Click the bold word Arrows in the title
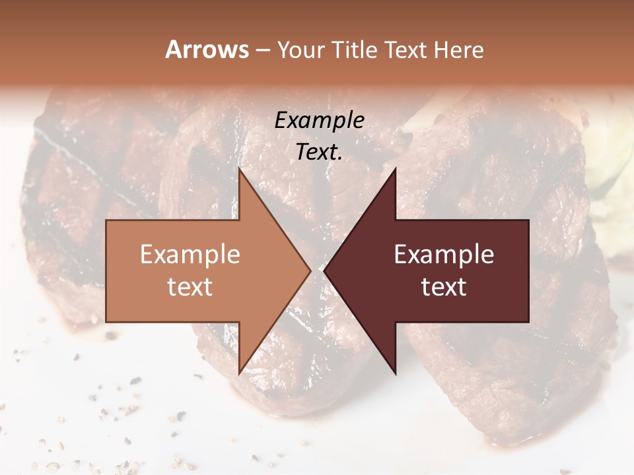pos(207,49)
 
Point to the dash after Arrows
pos(262,51)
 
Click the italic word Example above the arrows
pos(319,120)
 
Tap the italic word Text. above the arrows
pos(319,152)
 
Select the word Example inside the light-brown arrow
pos(190,255)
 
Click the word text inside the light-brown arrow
pos(190,286)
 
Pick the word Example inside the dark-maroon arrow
pos(444,255)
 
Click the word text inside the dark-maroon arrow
pos(444,286)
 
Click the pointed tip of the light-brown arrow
pos(310,270)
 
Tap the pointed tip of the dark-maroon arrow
pos(324,270)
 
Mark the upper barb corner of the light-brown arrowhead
pos(240,170)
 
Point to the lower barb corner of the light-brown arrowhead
pos(240,373)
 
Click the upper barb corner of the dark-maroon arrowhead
pos(395,170)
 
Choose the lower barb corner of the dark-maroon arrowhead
pos(395,373)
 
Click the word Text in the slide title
pos(406,49)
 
